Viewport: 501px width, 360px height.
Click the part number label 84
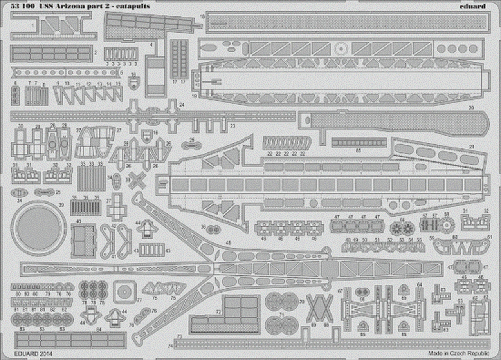pyautogui.click(x=99, y=329)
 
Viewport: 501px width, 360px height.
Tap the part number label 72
pyautogui.click(x=218, y=312)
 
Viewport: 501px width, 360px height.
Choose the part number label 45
pyautogui.click(x=229, y=243)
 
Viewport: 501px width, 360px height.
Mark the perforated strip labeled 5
pyautogui.click(x=65, y=72)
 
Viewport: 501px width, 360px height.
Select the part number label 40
pyautogui.click(x=79, y=221)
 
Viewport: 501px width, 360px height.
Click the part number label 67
pyautogui.click(x=340, y=290)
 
